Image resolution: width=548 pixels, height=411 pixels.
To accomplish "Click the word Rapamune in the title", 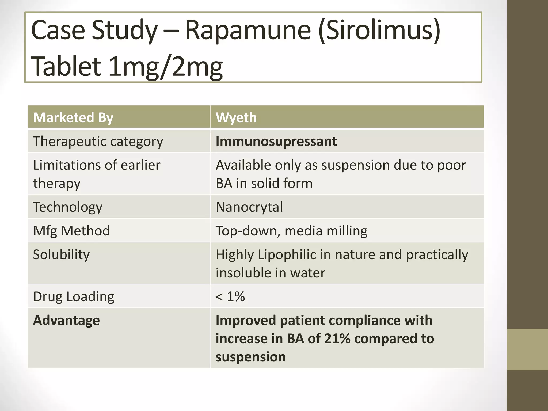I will point(248,30).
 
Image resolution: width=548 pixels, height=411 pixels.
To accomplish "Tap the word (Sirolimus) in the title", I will point(379,31).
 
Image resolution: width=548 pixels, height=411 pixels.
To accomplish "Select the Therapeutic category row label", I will point(98,141).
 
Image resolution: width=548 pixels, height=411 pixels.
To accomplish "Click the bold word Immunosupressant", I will point(276,141).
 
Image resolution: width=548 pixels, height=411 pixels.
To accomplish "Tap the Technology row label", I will point(68,207).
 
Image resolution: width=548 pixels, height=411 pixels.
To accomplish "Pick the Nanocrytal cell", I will point(249,207).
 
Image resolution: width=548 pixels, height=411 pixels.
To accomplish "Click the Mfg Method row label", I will point(71,231).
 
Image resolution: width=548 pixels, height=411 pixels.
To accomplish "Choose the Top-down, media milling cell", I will point(291,231).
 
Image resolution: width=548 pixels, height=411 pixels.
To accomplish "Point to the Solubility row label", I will point(61,254).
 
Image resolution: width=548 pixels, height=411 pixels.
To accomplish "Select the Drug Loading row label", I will point(74,296).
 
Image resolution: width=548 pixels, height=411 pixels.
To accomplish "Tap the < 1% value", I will point(230,296).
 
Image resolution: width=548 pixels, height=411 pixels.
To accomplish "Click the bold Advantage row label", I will point(66,320).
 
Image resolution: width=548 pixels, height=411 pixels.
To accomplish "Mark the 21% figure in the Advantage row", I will point(337,338).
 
